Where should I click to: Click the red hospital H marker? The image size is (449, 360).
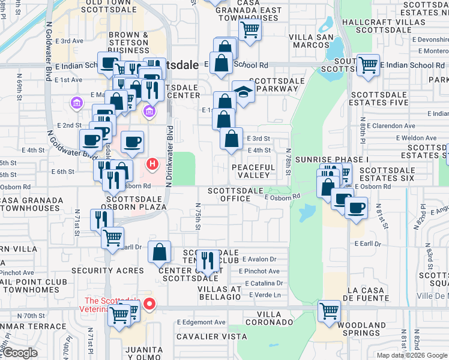(152, 163)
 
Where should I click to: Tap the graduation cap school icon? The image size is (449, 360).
(243, 92)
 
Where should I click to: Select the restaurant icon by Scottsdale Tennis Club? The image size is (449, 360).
(208, 260)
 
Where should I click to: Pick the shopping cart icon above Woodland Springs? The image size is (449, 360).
(329, 311)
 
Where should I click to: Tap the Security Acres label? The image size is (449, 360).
(107, 271)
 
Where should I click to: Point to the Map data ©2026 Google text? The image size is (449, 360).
(412, 355)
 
